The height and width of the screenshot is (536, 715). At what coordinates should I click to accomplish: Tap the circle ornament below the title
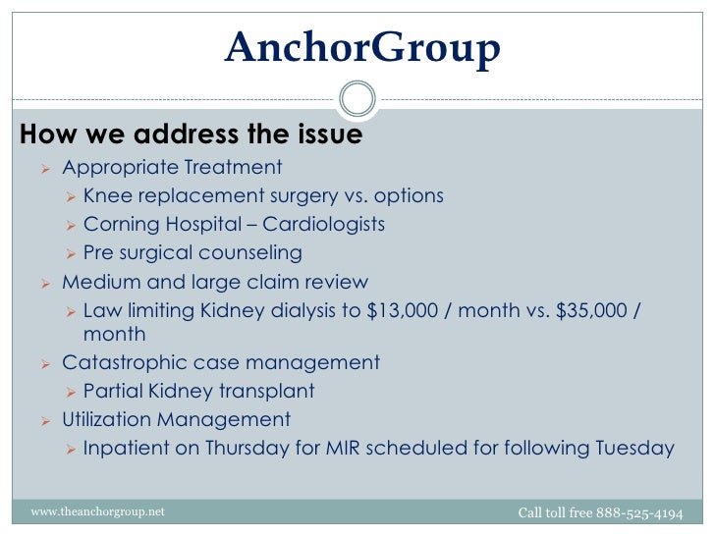357,99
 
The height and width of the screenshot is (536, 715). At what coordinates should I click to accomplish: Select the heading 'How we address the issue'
192,134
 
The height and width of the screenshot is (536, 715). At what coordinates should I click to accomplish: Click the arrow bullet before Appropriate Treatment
44,169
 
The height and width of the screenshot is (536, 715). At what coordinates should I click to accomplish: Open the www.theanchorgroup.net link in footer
98,512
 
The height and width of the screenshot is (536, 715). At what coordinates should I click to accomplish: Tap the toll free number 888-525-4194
640,512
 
